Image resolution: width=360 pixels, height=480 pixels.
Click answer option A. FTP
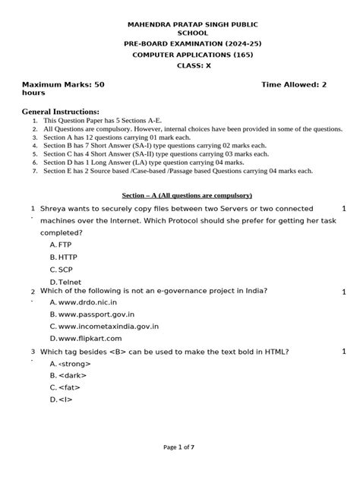pos(60,245)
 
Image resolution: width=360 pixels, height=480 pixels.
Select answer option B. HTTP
pos(62,257)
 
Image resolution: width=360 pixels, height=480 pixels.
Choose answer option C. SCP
pos(60,270)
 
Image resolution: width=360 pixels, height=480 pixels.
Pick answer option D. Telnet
pos(64,282)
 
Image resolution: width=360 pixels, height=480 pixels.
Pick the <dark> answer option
pos(66,375)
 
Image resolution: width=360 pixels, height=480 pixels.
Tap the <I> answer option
pos(61,399)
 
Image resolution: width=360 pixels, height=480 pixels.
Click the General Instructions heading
pos(61,111)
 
